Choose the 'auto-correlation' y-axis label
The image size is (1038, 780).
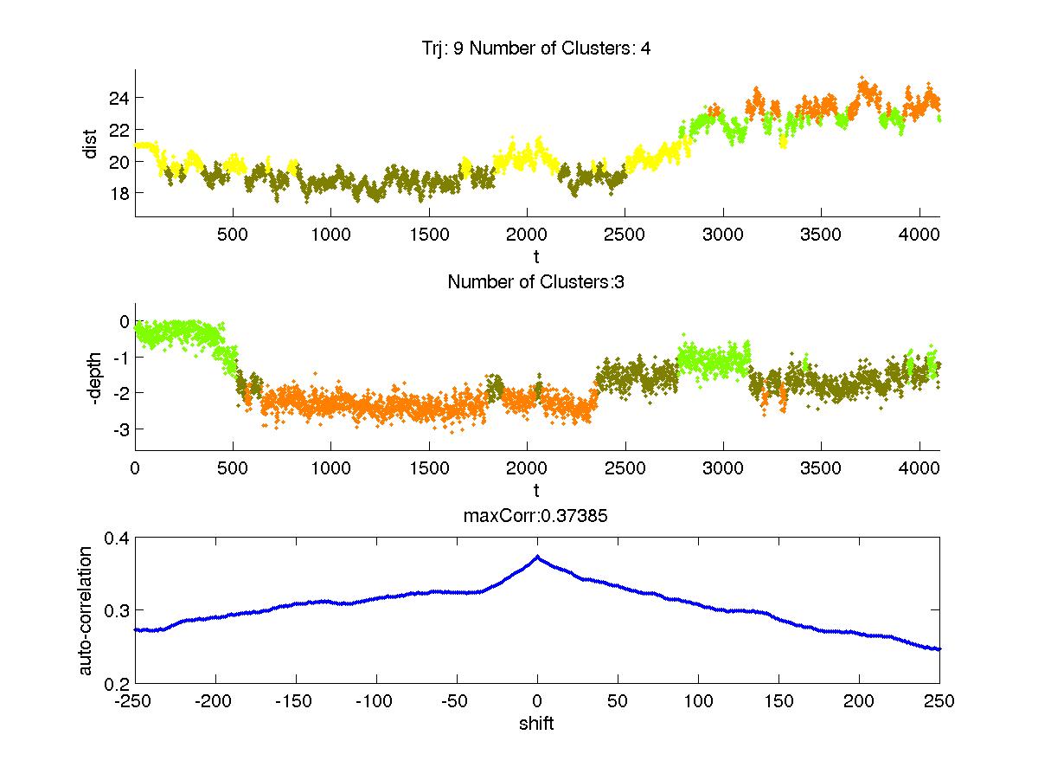coord(86,610)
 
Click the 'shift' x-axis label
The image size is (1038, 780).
coord(536,724)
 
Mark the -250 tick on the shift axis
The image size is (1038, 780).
coord(134,701)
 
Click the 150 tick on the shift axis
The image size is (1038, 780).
coord(778,701)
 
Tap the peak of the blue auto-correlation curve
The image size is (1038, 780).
coord(537,558)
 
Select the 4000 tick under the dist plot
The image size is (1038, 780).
coord(919,233)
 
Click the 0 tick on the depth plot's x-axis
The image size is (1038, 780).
coord(135,467)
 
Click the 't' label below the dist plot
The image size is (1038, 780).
coord(536,256)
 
